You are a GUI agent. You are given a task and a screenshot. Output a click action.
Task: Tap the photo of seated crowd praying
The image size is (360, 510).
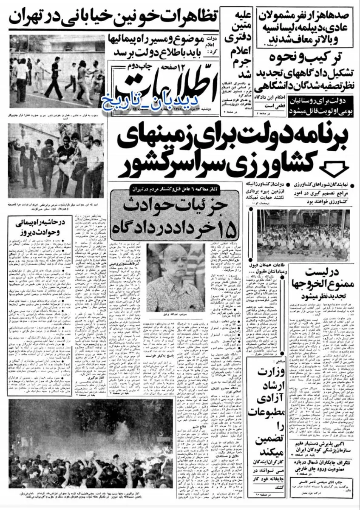pos(304,236)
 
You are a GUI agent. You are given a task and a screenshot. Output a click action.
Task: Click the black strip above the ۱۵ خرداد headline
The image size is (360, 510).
pos(179,187)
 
